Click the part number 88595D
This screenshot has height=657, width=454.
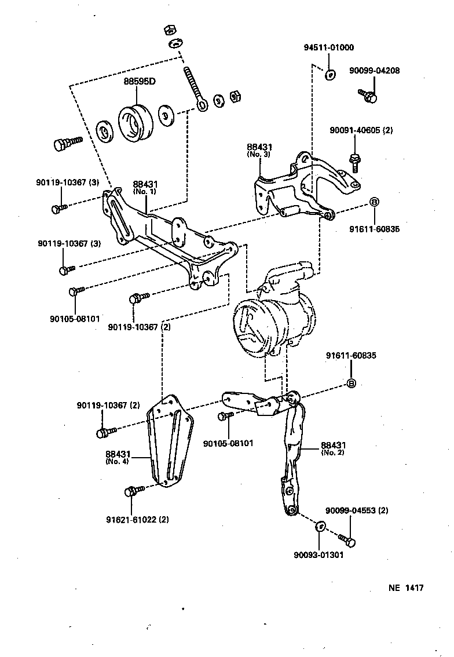pos(140,81)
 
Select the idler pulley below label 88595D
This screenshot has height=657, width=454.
pos(137,123)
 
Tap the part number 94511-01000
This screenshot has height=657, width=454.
pos(329,48)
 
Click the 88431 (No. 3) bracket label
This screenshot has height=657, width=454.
pos(259,151)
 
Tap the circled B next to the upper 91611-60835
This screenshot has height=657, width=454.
pos(374,202)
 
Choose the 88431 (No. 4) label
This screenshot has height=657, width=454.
pos(118,458)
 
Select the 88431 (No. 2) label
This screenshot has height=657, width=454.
pos(333,448)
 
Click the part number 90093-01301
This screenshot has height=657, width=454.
pos(318,554)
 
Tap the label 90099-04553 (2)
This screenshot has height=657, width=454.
pos(357,510)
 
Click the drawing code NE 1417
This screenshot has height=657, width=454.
pos(406,588)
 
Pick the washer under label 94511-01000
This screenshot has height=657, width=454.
pos(329,74)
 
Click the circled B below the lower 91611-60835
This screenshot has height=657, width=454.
pos(351,384)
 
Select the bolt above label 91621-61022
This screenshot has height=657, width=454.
pos(133,491)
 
